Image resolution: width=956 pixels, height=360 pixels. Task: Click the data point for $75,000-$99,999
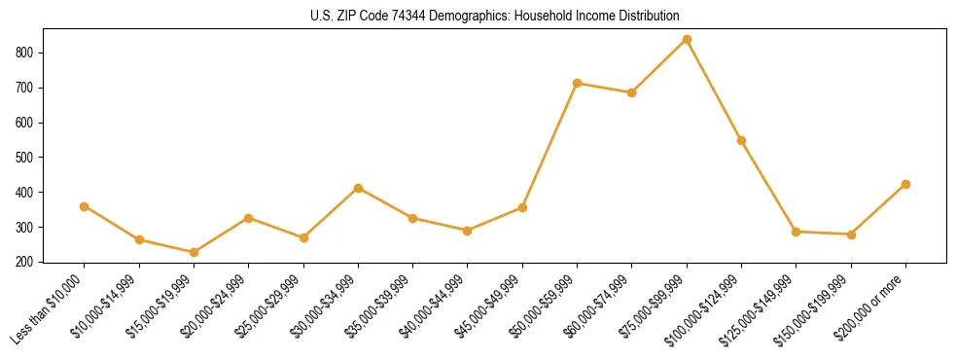click(x=687, y=40)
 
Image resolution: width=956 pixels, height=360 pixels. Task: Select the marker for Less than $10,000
click(x=85, y=206)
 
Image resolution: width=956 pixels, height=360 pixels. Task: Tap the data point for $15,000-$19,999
click(x=194, y=252)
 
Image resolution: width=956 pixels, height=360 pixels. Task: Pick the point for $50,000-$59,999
click(x=577, y=84)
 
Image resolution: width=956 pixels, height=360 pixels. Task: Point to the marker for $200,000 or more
click(x=905, y=184)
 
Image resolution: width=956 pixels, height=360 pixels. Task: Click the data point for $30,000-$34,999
click(x=358, y=188)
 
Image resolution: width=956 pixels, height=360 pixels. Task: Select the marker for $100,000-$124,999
click(x=741, y=140)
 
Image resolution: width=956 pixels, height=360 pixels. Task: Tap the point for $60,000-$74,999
click(x=632, y=92)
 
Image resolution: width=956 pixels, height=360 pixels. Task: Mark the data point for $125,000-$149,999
click(x=797, y=232)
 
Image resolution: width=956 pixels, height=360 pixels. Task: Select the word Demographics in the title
click(x=438, y=17)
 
